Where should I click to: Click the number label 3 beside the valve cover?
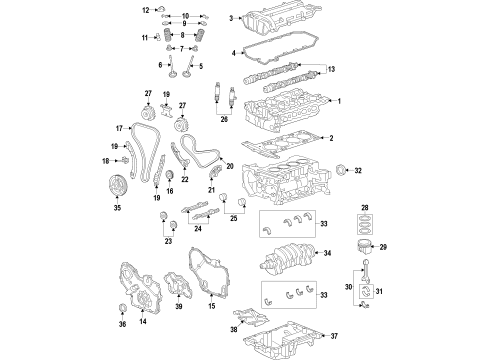230,18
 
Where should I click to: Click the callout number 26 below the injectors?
223,147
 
